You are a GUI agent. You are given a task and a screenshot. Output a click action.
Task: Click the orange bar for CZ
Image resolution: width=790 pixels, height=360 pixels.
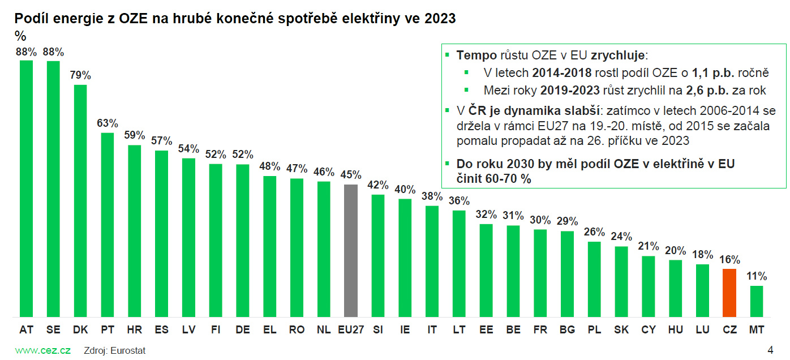point(729,293)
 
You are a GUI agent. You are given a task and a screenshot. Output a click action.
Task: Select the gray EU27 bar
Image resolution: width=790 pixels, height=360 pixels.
point(351,250)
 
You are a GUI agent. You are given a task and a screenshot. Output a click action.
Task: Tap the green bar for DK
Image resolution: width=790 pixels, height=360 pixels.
point(80,200)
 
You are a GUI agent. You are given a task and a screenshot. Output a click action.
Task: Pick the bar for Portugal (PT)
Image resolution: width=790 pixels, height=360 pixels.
point(107,225)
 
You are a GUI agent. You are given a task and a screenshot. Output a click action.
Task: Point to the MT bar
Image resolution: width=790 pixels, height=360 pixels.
point(757,301)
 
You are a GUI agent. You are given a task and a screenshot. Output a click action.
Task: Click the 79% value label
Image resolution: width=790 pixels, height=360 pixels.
point(80,75)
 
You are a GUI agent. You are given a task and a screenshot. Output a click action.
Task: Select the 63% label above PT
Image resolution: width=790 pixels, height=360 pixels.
point(107,123)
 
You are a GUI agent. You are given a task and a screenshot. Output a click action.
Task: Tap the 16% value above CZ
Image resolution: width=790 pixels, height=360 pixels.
point(729,259)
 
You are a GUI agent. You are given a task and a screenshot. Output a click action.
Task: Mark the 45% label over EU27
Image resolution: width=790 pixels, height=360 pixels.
point(351,175)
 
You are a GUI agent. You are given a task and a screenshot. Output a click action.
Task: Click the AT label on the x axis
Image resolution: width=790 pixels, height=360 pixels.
point(26,329)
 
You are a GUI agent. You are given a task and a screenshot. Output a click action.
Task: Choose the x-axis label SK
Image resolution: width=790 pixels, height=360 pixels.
point(621,329)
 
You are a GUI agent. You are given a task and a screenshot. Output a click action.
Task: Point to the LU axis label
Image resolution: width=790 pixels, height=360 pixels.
point(702,329)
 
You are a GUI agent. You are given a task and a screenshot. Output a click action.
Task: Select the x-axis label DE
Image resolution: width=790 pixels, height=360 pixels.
point(242,329)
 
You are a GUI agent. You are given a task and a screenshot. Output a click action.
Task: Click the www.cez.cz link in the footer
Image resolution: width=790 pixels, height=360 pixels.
point(42,350)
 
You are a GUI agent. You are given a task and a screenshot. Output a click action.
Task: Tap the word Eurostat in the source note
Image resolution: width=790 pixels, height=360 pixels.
point(128,350)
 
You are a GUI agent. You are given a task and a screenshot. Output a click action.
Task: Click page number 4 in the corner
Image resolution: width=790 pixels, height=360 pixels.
point(770,349)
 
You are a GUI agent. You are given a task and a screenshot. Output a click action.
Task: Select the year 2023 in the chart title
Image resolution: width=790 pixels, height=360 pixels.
point(439,19)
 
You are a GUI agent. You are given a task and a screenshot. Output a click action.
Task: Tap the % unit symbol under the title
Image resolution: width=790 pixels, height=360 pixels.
point(20,36)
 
